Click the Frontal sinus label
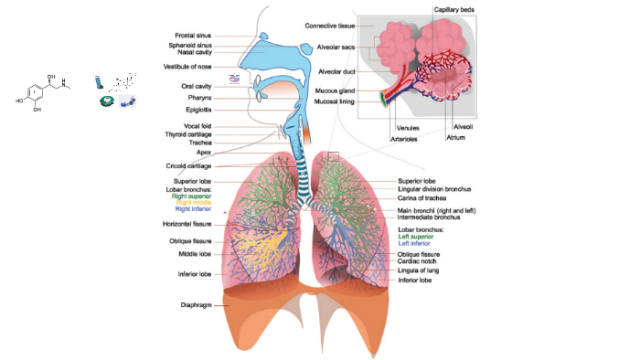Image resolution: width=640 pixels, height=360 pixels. pyautogui.click(x=193, y=36)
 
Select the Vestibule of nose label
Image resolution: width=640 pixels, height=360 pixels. pyautogui.click(x=187, y=67)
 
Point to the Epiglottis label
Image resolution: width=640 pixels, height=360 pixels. pyautogui.click(x=198, y=110)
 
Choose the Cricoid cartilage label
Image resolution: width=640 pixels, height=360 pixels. pyautogui.click(x=189, y=166)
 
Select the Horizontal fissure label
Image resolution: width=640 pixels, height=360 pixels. pyautogui.click(x=187, y=224)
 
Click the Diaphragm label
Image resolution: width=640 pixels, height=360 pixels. pyautogui.click(x=196, y=304)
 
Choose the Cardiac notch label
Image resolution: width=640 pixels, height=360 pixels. pyautogui.click(x=421, y=261)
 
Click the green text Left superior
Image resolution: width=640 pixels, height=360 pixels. pyautogui.click(x=419, y=237)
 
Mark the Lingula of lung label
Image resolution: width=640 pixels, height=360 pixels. pyautogui.click(x=423, y=271)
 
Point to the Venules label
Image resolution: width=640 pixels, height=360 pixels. pyautogui.click(x=408, y=128)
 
